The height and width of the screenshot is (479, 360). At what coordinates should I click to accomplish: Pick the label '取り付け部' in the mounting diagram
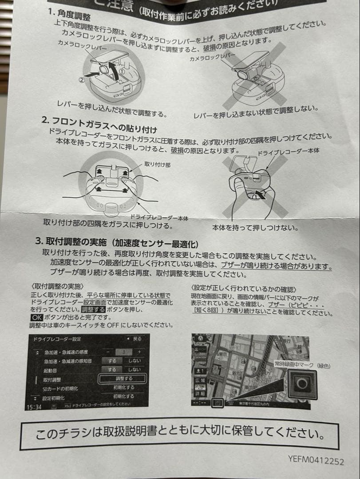click(x=157, y=164)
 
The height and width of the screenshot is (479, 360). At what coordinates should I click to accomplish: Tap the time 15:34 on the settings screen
click(x=34, y=406)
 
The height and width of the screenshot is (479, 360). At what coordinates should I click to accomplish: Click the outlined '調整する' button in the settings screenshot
click(x=122, y=379)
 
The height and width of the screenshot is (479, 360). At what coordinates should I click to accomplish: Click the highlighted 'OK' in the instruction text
click(x=36, y=318)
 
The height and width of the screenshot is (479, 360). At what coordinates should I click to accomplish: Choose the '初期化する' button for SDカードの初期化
click(x=123, y=388)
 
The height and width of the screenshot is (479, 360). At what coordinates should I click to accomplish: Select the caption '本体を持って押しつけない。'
click(x=254, y=228)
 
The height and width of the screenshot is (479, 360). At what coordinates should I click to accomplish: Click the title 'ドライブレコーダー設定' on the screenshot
click(x=57, y=339)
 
